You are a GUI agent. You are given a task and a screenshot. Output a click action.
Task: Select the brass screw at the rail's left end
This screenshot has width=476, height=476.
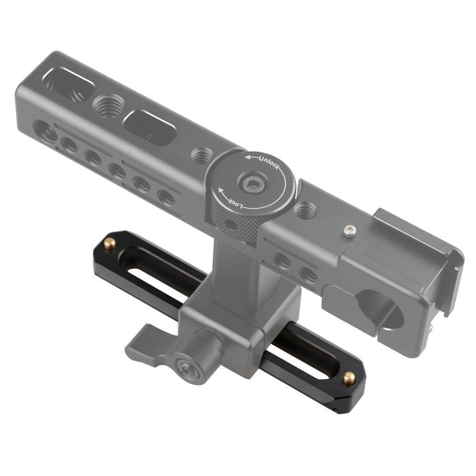point(111,244)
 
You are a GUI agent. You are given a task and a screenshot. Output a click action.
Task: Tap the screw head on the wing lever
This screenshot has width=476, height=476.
point(184,367)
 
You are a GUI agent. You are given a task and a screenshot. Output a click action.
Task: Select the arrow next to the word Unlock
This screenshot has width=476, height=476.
point(249,157)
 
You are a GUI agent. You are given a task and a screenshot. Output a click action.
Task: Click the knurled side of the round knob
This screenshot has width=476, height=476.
point(233,224)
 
